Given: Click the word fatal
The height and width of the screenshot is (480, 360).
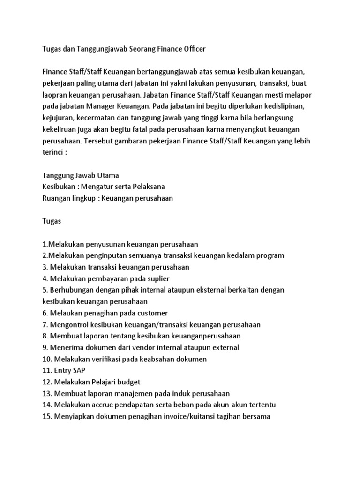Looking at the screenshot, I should [x=152, y=128].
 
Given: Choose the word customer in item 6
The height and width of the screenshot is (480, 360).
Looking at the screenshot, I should [x=151, y=313].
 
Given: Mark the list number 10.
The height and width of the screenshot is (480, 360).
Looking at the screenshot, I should [x=47, y=359].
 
